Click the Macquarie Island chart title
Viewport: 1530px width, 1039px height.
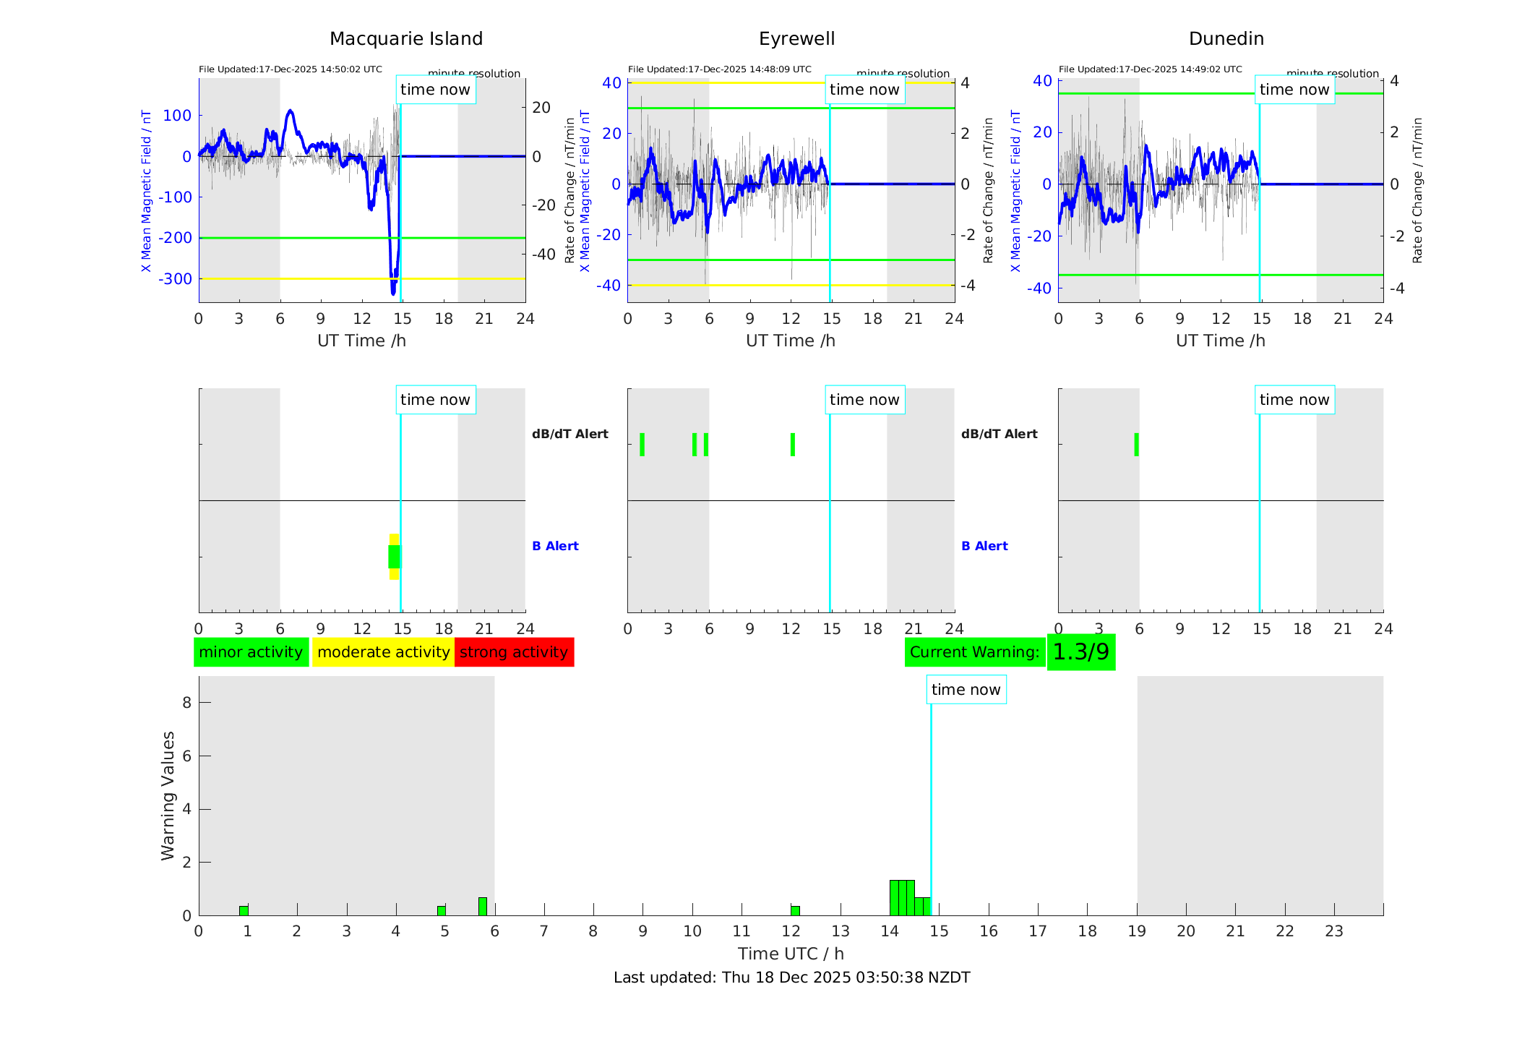point(405,39)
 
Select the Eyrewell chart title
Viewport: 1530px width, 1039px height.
point(796,39)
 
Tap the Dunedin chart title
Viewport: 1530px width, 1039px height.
point(1226,39)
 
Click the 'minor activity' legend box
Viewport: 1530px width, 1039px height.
point(251,652)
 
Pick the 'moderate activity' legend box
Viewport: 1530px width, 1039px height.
point(383,652)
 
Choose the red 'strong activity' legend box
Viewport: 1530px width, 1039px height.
point(514,652)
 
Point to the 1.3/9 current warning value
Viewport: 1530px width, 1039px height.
point(1080,652)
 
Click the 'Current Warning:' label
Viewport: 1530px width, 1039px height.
point(974,652)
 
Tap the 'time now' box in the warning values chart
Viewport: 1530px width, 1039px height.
point(966,690)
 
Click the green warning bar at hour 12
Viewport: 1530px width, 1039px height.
point(795,910)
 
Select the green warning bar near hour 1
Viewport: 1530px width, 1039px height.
point(244,910)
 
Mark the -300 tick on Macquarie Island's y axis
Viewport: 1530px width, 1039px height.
point(176,279)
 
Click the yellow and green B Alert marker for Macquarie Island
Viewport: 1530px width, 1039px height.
point(394,557)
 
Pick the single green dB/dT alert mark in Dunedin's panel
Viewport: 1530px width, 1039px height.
point(1136,445)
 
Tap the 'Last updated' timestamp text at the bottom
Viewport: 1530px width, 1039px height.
point(791,978)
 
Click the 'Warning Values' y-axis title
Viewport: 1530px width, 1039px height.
point(168,795)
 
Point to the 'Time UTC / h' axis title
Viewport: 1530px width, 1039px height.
point(791,954)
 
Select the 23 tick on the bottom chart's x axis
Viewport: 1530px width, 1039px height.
point(1333,931)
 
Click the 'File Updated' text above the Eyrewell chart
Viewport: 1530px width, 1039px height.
point(719,69)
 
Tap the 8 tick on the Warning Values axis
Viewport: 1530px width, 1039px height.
point(186,703)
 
